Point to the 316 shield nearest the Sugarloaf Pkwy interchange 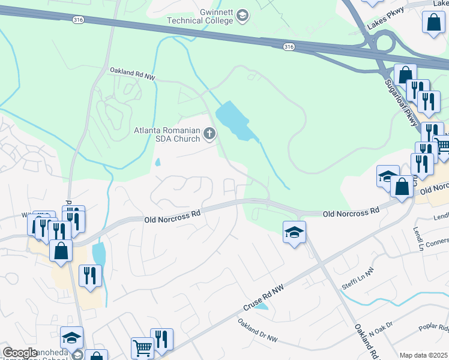289,47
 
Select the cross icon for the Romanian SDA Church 209,133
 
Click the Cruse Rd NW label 264,298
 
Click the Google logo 20,353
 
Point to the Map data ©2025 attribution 423,355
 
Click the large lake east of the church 234,120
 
